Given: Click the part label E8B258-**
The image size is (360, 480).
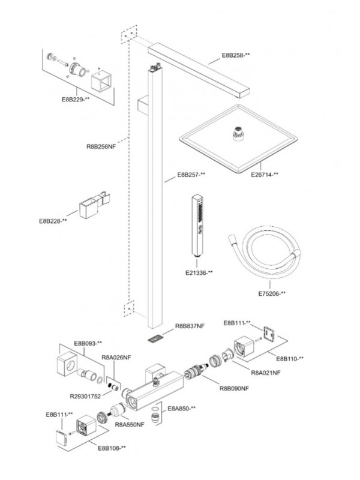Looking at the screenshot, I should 236,55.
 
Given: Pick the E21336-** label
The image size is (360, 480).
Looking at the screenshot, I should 199,273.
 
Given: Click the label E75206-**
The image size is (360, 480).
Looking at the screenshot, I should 272,293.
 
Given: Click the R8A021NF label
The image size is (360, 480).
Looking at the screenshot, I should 266,372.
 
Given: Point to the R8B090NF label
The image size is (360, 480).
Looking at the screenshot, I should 234,388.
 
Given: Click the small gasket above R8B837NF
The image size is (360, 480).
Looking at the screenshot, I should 155,337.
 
